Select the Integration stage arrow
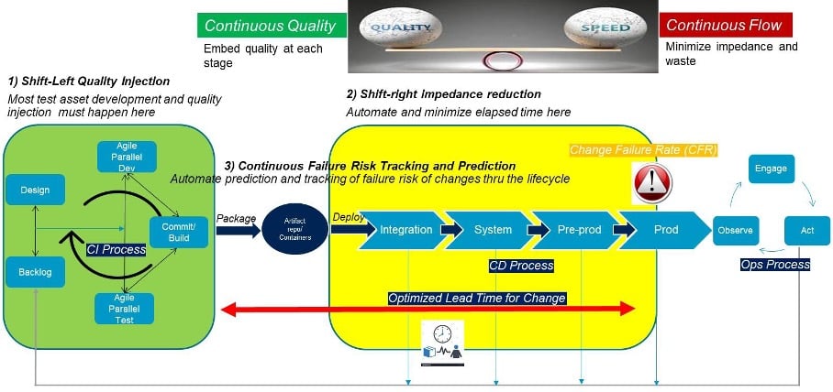(405, 230)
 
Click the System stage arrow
(492, 230)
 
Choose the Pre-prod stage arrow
(578, 230)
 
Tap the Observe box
(735, 230)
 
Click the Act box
(806, 230)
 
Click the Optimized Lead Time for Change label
(476, 298)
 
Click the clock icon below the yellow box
(441, 332)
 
